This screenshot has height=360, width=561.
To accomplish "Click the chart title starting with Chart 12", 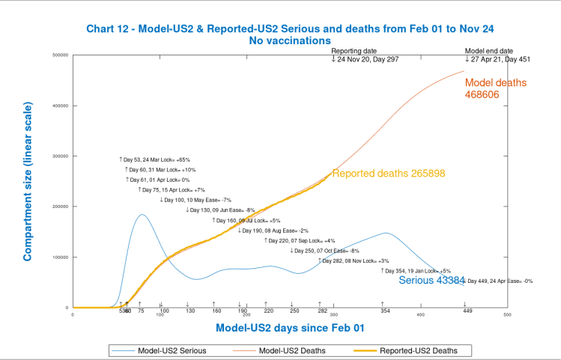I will (x=279, y=28).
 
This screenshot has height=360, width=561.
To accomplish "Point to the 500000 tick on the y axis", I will (x=61, y=55).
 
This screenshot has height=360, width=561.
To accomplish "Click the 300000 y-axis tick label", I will (x=61, y=156).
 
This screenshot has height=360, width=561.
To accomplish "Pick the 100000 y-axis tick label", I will (x=61, y=257).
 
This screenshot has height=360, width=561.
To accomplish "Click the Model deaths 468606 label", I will (x=496, y=88).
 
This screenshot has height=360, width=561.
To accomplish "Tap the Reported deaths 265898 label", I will (x=389, y=174).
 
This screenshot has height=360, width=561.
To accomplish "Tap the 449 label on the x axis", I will (x=466, y=311).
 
